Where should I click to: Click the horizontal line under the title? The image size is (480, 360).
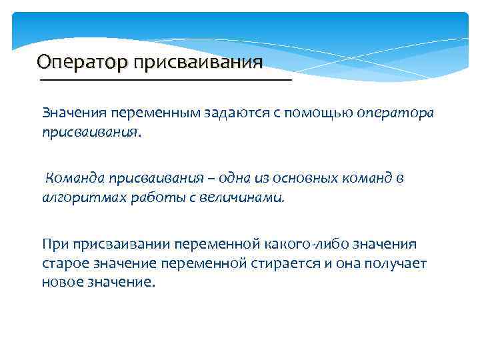(166, 80)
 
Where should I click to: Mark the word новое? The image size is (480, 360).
(61, 282)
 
